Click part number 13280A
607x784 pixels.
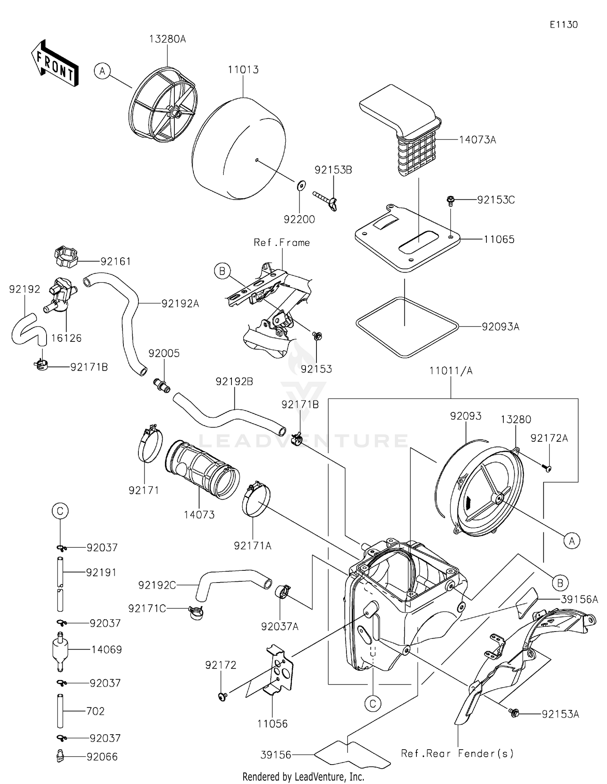point(167,39)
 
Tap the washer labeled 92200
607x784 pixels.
point(300,185)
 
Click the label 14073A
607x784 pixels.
point(478,140)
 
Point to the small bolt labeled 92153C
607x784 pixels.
point(450,200)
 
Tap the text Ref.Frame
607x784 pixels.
point(282,243)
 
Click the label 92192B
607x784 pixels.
point(234,381)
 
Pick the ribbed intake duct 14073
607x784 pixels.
point(201,469)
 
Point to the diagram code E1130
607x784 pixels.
point(563,25)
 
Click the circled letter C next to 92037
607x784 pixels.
point(60,511)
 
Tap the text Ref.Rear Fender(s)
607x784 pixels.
point(457,753)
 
